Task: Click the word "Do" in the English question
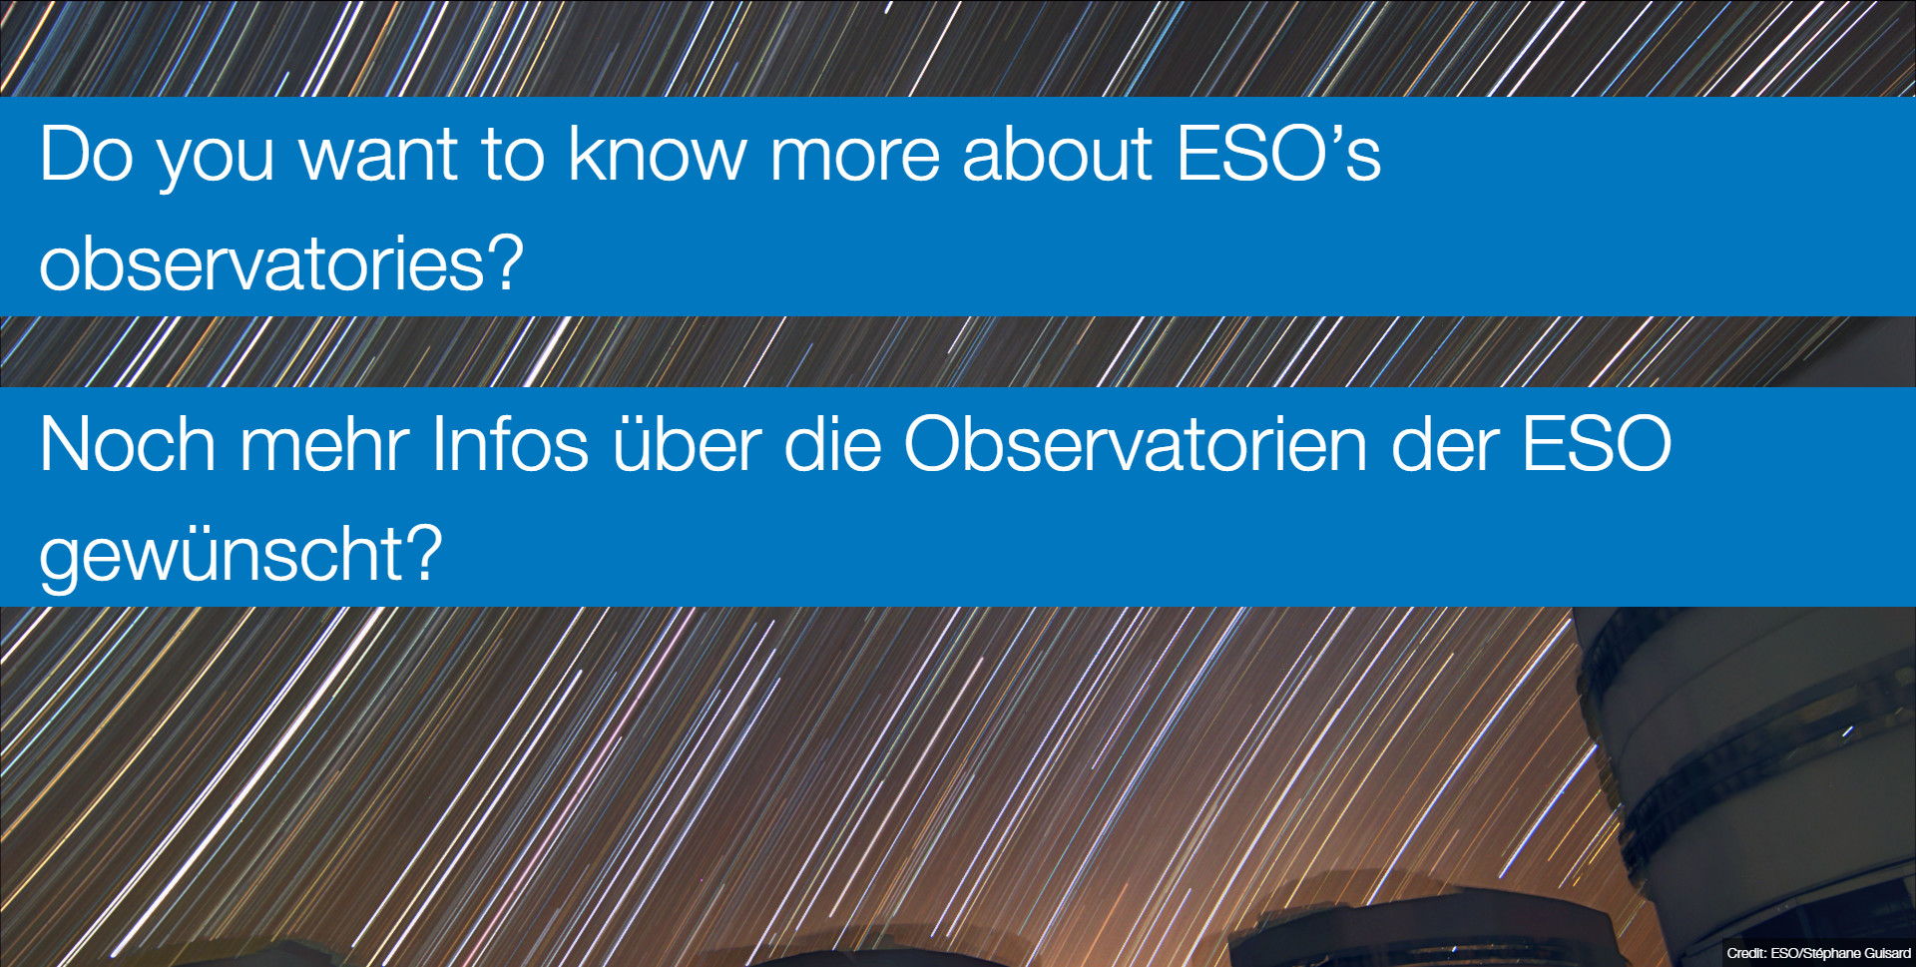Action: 87,154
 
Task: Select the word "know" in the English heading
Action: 658,154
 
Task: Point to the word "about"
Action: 1057,154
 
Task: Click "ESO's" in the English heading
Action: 1279,154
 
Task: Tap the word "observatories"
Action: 261,263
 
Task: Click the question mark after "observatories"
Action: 504,262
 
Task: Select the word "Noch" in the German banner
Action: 128,444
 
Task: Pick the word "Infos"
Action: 510,444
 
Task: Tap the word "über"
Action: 688,444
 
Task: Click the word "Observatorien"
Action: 1136,444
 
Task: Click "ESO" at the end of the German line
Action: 1597,444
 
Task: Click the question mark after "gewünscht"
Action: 424,553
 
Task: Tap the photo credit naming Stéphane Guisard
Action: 1818,953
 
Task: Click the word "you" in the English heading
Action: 217,164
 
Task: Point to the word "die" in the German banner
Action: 833,444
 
